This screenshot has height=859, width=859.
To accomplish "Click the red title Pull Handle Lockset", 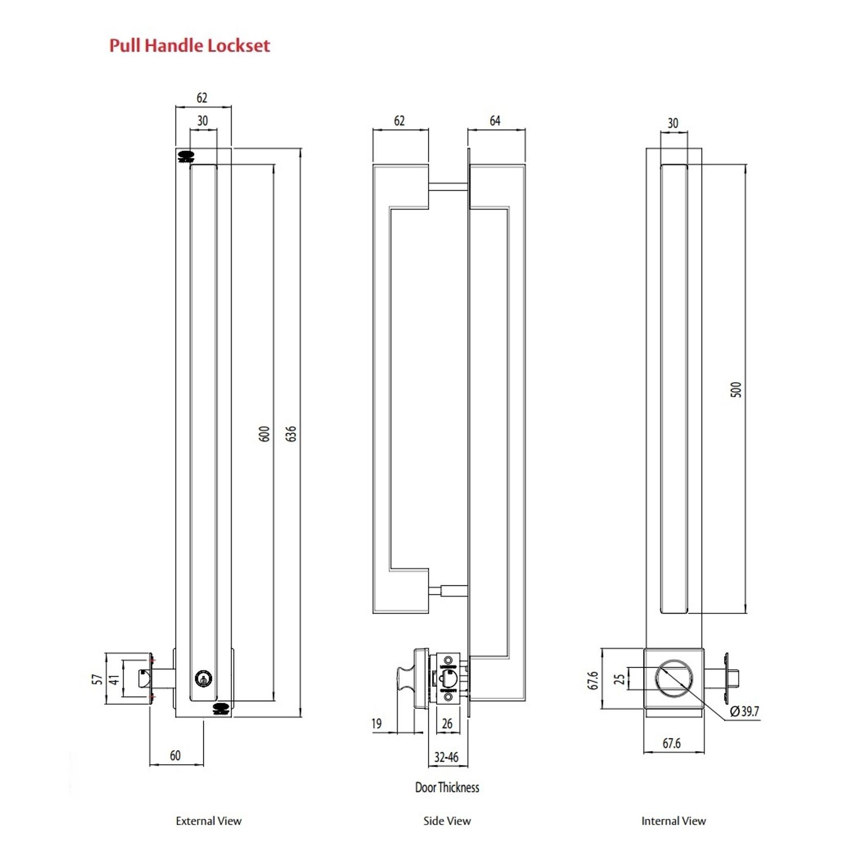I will pyautogui.click(x=189, y=46).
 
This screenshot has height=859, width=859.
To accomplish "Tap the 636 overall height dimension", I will pyautogui.click(x=291, y=434).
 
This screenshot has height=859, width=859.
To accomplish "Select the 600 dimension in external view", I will pyautogui.click(x=264, y=434).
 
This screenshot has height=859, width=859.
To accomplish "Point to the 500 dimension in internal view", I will pyautogui.click(x=735, y=390).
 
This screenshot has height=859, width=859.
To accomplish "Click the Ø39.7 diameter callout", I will pyautogui.click(x=744, y=711).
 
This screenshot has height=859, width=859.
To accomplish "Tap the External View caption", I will pyautogui.click(x=209, y=821).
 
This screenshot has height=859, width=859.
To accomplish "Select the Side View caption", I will pyautogui.click(x=447, y=821).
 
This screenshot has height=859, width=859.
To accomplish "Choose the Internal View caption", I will pyautogui.click(x=673, y=821).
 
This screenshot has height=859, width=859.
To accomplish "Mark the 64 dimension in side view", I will pyautogui.click(x=495, y=121).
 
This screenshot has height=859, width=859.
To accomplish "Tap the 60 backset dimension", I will pyautogui.click(x=175, y=755).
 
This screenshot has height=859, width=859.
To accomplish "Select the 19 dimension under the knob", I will pyautogui.click(x=377, y=724).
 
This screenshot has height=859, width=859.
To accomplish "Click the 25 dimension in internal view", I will pyautogui.click(x=619, y=679).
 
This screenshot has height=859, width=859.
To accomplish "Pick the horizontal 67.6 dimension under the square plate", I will pyautogui.click(x=671, y=743).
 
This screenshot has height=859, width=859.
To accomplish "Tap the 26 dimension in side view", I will pyautogui.click(x=447, y=724).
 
